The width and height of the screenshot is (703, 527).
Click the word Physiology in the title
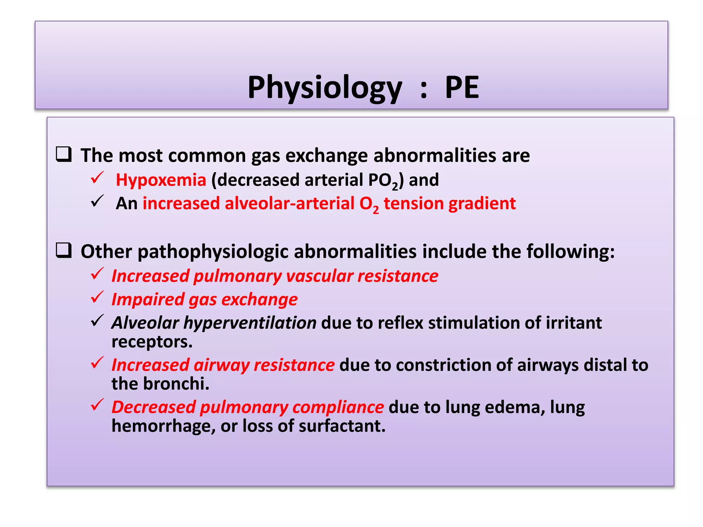point(324,88)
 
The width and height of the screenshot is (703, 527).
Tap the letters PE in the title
point(462,88)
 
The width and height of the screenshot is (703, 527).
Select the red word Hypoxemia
point(161,180)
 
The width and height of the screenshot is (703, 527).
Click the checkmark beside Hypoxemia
point(97,178)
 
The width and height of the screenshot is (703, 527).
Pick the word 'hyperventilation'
point(250,323)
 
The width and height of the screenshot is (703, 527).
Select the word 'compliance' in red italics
point(338,407)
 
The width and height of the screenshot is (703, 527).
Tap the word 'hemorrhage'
point(163,426)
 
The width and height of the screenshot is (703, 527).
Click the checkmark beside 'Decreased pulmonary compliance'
point(97,405)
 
